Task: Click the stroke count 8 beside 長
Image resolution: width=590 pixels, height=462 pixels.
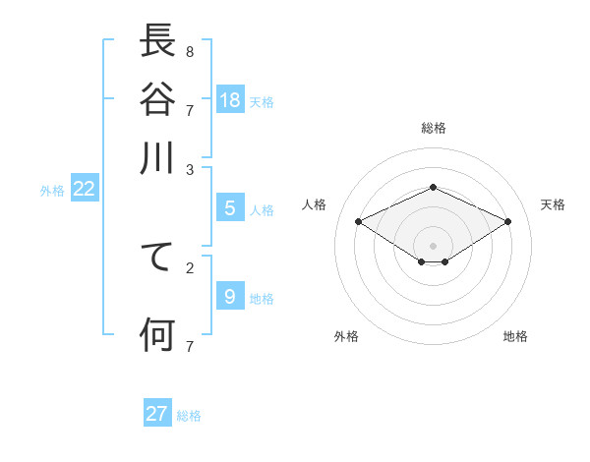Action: (x=189, y=51)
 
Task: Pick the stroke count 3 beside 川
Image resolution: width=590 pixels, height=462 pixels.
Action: (x=189, y=169)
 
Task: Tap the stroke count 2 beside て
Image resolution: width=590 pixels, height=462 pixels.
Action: (x=189, y=267)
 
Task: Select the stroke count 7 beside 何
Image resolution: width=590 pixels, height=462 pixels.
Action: (x=189, y=346)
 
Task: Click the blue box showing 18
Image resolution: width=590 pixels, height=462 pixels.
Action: (x=230, y=99)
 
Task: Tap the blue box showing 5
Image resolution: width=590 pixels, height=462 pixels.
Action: (x=230, y=208)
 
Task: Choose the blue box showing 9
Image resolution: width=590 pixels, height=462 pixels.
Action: (x=230, y=297)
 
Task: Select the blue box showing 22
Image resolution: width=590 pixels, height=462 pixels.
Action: (x=84, y=189)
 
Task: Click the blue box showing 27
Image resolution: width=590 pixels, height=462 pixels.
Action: (x=157, y=414)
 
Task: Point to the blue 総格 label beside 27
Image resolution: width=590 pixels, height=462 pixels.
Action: (x=189, y=416)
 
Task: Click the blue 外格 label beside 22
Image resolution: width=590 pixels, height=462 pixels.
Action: (x=52, y=191)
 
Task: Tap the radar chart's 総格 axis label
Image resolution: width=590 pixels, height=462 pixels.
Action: (x=433, y=128)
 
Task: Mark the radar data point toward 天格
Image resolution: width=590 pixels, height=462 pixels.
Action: (x=507, y=222)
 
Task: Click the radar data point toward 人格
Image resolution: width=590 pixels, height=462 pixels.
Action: (x=358, y=222)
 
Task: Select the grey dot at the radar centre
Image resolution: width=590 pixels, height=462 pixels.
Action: (x=433, y=245)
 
